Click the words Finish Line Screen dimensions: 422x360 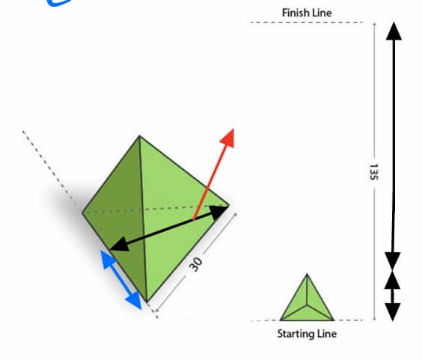(x=307, y=13)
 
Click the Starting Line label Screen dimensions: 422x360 (x=307, y=334)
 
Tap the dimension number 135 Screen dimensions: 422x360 (x=373, y=171)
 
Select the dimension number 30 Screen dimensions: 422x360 (x=195, y=264)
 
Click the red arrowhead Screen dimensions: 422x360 (x=227, y=138)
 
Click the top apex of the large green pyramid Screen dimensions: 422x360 (x=139, y=136)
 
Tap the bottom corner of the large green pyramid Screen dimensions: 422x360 (x=147, y=302)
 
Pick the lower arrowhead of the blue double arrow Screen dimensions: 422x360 (x=134, y=300)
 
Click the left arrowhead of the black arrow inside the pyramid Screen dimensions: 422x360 (x=119, y=245)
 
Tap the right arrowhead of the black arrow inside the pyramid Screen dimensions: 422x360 (x=218, y=212)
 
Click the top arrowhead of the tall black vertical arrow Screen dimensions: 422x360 (x=394, y=31)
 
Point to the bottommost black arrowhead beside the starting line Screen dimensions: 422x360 (x=393, y=312)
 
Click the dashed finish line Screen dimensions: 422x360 (x=307, y=22)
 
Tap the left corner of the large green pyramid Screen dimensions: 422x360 (x=82, y=213)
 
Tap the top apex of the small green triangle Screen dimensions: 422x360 (x=307, y=274)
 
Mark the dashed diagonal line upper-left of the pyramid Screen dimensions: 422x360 (x=50, y=166)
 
